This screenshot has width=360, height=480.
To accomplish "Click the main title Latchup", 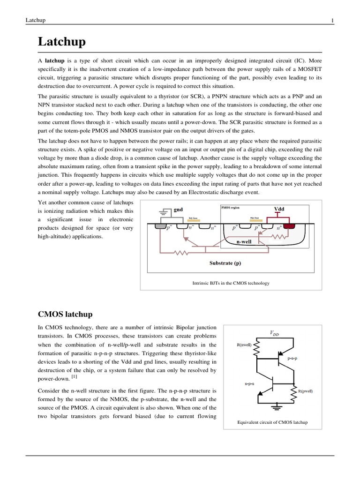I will pos(61,42).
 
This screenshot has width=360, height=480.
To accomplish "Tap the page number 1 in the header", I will pos(332,20).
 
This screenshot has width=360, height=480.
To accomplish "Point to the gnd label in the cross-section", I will pos(178,210).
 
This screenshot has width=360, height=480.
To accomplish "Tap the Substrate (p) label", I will pos(225,263).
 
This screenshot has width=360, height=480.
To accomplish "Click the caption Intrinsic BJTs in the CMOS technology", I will pos(231,283).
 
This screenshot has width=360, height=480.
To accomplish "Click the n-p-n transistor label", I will pos(249,383).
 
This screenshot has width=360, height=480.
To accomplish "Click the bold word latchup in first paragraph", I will pos(54,61).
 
